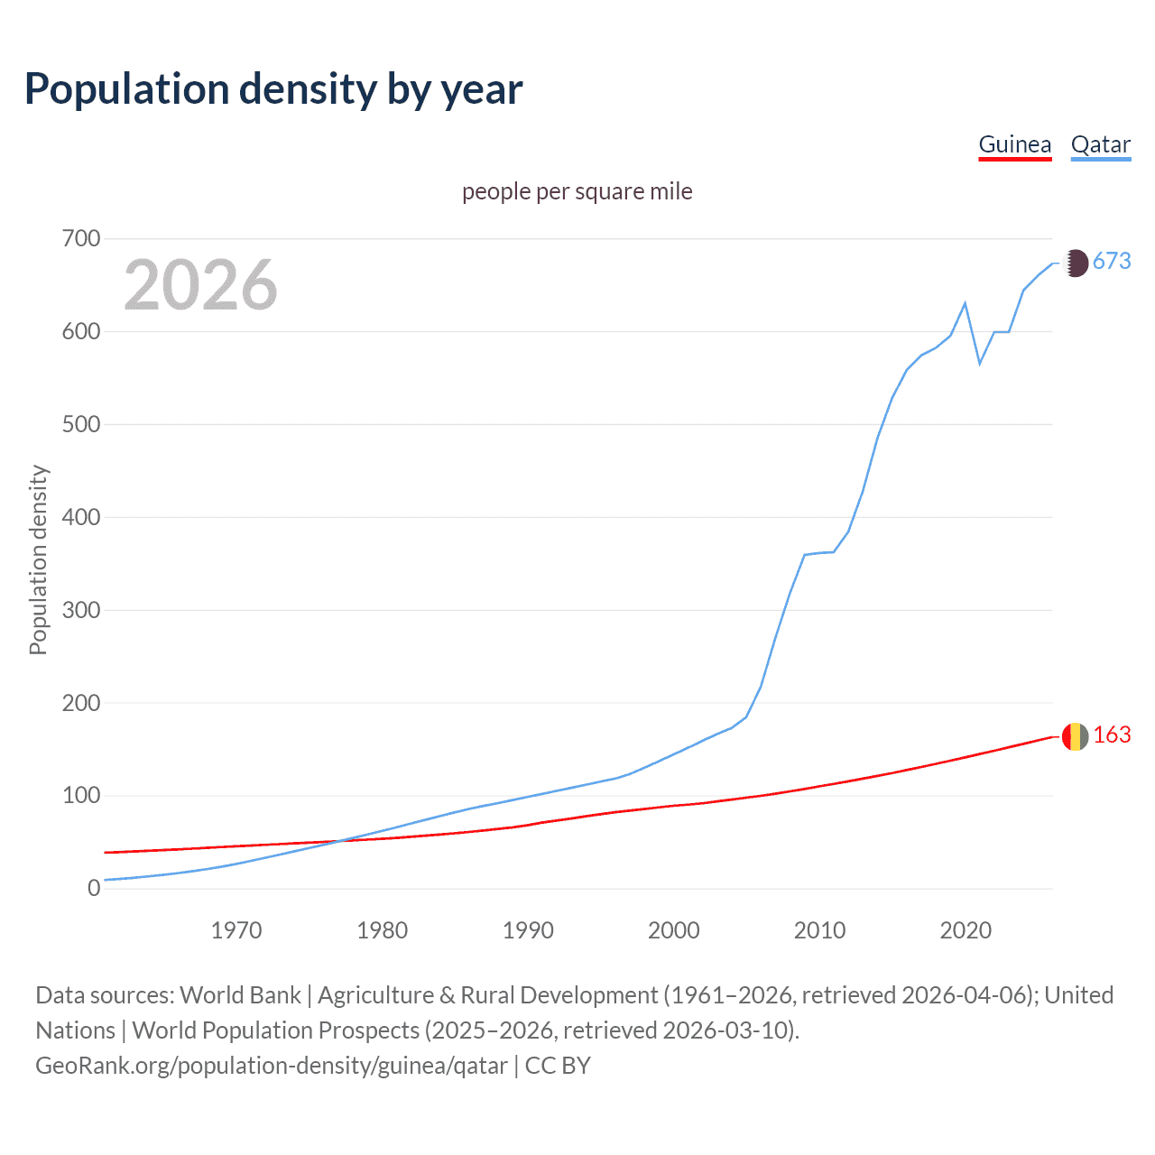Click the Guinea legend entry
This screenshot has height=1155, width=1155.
(1014, 145)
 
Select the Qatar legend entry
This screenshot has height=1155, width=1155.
(1100, 145)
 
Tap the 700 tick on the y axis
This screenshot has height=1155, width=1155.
(81, 239)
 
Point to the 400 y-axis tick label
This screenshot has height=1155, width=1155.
(81, 518)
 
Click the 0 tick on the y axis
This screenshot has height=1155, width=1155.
(94, 889)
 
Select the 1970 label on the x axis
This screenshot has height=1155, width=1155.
(236, 930)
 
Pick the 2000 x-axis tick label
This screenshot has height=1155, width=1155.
(673, 930)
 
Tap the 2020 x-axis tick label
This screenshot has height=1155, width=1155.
(966, 930)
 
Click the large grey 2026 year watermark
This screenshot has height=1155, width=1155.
(200, 285)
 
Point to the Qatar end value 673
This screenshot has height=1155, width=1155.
(1112, 262)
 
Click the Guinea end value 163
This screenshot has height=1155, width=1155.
(1112, 735)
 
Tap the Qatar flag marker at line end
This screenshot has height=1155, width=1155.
(1075, 263)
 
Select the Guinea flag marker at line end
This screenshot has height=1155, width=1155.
(1075, 736)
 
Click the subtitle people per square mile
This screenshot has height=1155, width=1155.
(577, 192)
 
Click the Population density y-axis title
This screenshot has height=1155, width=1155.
(38, 559)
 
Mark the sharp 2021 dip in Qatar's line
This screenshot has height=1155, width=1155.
(980, 363)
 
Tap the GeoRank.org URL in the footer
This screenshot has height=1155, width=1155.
(271, 1066)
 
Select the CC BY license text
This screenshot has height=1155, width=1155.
(558, 1066)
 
